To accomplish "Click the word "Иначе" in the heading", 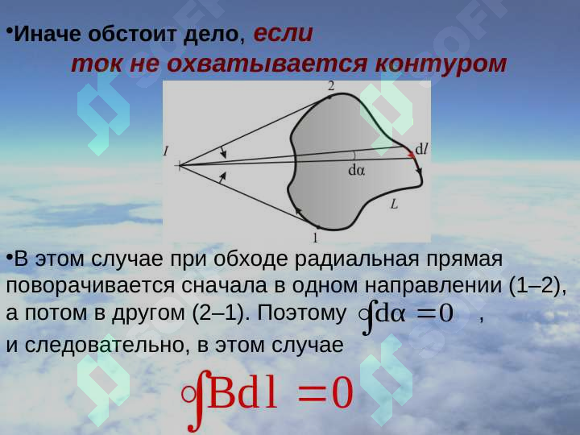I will [42, 35].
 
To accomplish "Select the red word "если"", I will [283, 34].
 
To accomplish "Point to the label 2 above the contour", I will [331, 85].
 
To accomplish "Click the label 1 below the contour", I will [315, 238].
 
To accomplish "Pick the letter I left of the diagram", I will [166, 151].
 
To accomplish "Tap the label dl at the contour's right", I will [421, 148].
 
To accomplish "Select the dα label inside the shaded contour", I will [356, 171].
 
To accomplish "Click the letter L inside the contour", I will [394, 205].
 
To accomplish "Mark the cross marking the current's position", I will [179, 166].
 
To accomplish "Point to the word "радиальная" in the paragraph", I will [367, 259].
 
